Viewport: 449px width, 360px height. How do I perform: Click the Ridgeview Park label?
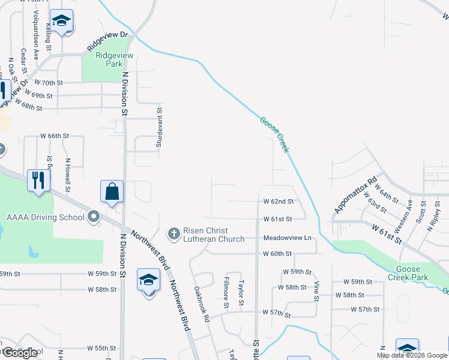point(110,59)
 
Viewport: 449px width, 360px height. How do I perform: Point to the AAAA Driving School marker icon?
point(93,216)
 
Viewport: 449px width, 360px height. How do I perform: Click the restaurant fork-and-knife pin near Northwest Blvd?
point(38,181)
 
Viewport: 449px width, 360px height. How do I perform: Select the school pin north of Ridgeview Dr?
point(61,22)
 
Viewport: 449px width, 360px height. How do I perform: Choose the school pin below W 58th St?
point(149,281)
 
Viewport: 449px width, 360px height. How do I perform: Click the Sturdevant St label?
point(160,127)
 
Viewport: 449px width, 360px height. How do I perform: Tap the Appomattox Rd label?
point(355,194)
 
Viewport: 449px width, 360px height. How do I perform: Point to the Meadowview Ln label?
point(288,238)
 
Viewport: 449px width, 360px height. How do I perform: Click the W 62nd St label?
point(277,202)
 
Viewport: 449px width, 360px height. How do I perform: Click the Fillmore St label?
point(226,293)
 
